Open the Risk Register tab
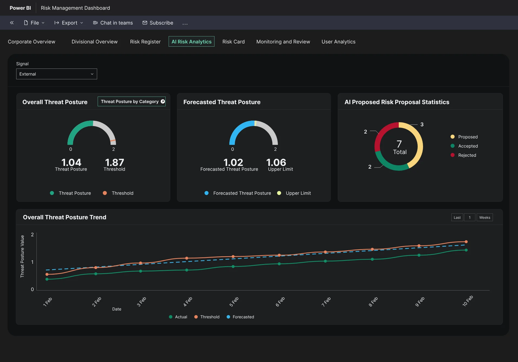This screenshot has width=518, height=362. (145, 42)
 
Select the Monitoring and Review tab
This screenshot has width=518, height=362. (283, 42)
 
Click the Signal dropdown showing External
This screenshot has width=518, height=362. (56, 74)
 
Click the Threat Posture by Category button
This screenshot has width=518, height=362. (132, 101)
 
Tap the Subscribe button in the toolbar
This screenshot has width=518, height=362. (158, 23)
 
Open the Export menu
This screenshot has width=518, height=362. (69, 23)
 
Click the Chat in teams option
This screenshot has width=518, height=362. (113, 23)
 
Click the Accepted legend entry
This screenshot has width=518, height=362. (464, 146)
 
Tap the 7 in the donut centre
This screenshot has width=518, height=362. (399, 144)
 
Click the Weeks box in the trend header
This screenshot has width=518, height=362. (485, 217)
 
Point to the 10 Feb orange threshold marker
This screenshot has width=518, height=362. (466, 242)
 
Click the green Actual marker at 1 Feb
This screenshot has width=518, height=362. (47, 279)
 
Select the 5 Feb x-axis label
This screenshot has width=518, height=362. (234, 302)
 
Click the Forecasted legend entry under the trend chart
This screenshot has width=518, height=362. (240, 317)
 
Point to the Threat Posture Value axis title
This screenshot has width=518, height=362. (22, 256)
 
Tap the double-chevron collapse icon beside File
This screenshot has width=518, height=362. (12, 23)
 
